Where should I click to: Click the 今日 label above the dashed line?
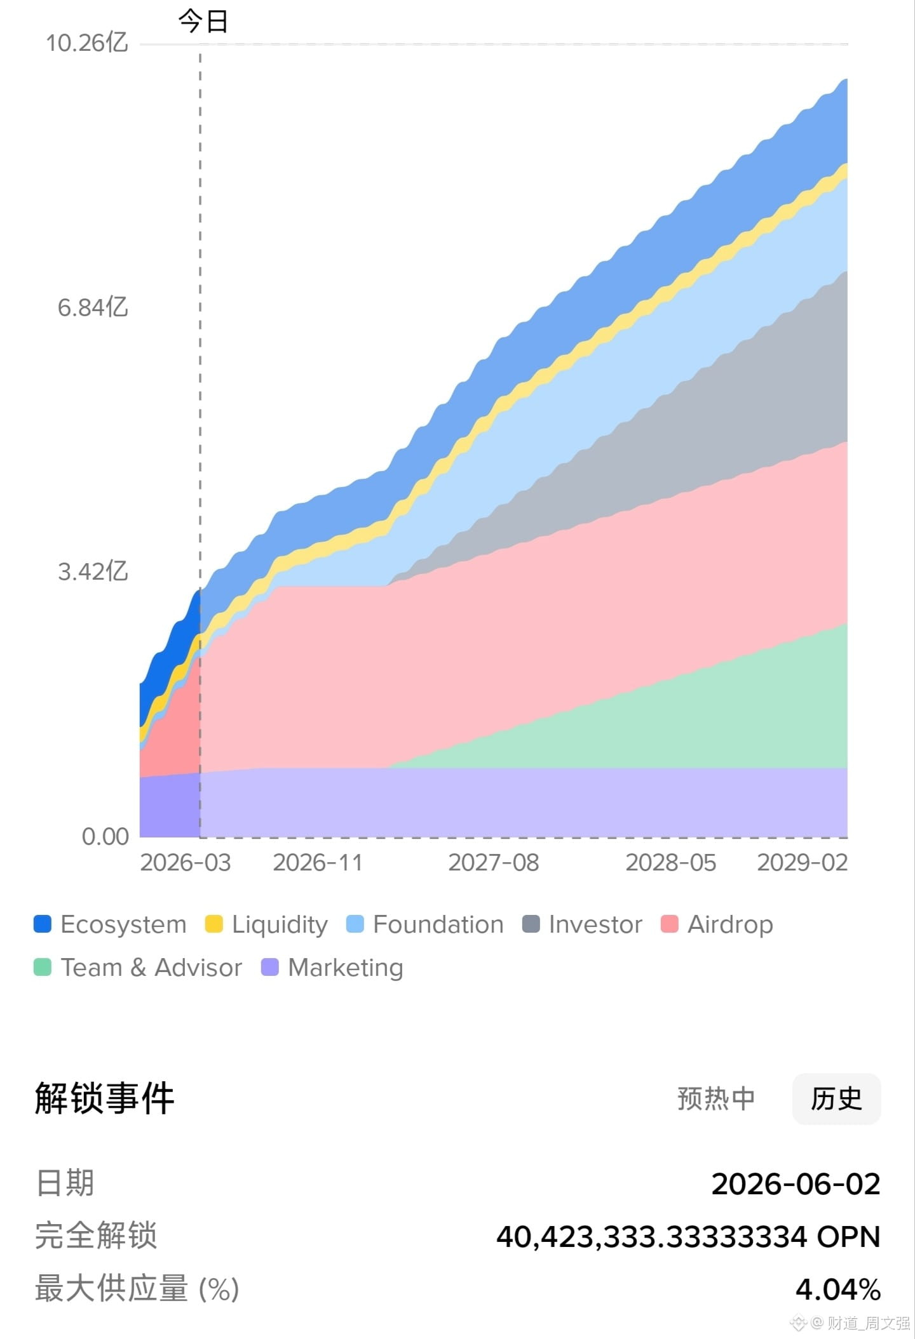(203, 22)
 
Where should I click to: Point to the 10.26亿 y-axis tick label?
(87, 43)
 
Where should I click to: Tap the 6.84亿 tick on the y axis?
(93, 307)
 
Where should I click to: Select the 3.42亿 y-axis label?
(93, 571)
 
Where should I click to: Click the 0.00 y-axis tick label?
(105, 836)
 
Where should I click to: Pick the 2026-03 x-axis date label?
(186, 863)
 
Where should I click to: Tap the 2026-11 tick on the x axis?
(318, 863)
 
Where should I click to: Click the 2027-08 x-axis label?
(494, 863)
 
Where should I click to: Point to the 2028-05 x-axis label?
(671, 863)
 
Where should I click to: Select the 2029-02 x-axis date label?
(803, 863)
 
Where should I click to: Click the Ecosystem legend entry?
(110, 924)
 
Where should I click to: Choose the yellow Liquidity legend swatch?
(214, 924)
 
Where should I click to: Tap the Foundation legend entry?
(425, 924)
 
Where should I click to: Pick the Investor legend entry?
(582, 924)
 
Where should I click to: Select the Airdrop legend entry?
(717, 924)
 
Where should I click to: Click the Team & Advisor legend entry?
(138, 968)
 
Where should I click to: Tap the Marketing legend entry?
(332, 968)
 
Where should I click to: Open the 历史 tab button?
(836, 1099)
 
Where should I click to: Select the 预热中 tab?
(716, 1099)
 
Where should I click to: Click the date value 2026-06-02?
(796, 1184)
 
